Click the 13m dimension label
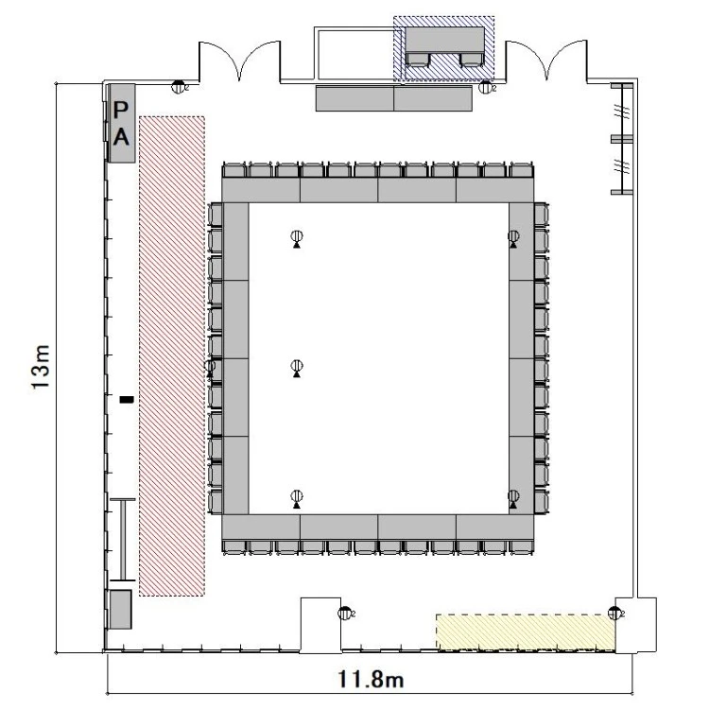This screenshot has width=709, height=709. tap(41, 366)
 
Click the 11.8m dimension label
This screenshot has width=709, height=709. tap(371, 679)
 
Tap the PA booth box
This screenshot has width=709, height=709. tap(122, 123)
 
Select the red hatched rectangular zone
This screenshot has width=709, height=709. tap(172, 355)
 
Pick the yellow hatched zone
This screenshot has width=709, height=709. tap(526, 632)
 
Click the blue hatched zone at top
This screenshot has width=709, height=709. tap(443, 49)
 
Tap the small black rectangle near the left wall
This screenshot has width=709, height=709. tap(127, 399)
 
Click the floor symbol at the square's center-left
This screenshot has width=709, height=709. tap(297, 368)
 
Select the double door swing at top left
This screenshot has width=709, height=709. tap(240, 61)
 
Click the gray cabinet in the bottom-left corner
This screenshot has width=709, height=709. tap(121, 609)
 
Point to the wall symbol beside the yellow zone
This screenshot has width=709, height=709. tap(615, 614)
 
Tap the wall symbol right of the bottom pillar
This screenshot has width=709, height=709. tap(345, 614)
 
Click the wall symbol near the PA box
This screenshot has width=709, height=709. tap(179, 86)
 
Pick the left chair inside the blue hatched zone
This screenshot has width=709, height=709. tap(417, 60)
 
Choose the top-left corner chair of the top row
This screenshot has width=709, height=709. tap(234, 170)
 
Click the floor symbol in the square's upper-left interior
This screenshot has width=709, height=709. tap(297, 238)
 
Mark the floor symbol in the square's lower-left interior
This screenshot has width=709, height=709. tap(297, 498)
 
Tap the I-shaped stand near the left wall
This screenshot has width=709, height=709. tap(123, 540)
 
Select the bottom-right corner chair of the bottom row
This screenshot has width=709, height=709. tap(521, 547)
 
